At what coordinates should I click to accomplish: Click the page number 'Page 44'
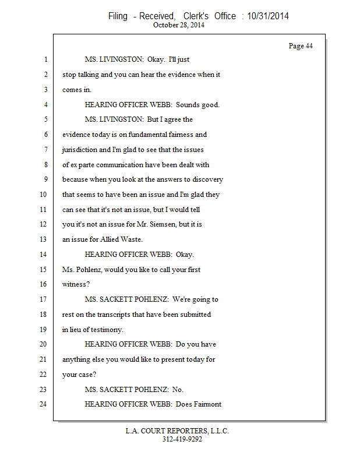(301, 46)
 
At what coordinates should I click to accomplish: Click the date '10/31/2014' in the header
(268, 16)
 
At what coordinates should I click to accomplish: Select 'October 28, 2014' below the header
(179, 25)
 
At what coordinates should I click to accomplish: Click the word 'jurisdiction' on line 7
(81, 150)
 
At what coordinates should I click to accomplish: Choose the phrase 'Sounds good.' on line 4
(199, 105)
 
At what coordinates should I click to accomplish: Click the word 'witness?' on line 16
(76, 284)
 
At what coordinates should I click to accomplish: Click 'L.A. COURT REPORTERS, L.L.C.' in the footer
(178, 431)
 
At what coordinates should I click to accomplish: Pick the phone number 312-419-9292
(182, 439)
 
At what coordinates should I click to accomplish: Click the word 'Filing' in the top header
(118, 16)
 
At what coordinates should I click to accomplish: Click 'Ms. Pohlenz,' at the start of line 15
(81, 270)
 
